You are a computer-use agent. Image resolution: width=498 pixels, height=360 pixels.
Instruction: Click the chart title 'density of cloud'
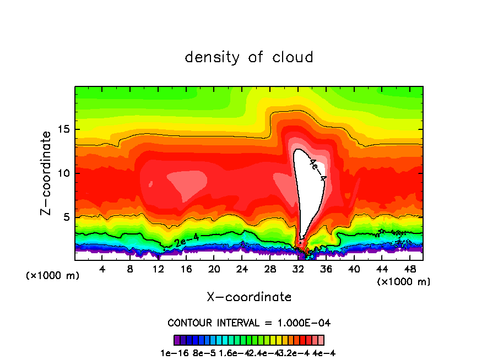249,57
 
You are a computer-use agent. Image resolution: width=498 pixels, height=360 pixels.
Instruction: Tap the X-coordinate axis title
249,297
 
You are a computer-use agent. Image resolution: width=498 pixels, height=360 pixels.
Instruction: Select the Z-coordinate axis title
47,173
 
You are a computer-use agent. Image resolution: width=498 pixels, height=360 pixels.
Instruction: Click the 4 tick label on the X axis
102,269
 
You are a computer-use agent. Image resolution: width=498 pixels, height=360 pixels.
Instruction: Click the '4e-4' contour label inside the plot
318,170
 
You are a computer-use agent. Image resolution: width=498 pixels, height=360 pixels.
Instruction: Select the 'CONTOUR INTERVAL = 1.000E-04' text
249,323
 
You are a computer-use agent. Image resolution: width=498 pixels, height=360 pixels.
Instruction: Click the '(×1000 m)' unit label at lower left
52,276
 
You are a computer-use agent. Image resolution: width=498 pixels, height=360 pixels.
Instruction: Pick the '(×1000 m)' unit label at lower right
403,282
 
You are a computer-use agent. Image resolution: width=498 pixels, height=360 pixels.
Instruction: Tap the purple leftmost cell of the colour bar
177,340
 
